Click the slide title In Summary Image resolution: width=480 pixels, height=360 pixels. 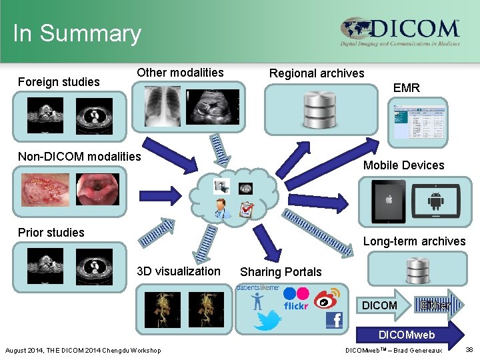[x=77, y=33]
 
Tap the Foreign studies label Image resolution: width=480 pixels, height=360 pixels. [x=59, y=82]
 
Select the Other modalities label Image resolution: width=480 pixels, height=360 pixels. [x=180, y=73]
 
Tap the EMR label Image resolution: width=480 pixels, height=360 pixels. [x=407, y=87]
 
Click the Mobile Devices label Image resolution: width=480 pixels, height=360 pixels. [x=403, y=165]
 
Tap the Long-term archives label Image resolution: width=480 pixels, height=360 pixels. [x=414, y=241]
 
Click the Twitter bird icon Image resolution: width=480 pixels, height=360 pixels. [x=267, y=321]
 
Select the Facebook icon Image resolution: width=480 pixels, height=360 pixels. [x=333, y=320]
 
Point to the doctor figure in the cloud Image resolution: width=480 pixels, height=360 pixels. [x=223, y=209]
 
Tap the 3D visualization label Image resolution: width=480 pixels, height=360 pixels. [x=178, y=271]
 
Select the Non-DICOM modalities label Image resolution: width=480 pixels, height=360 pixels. [x=79, y=157]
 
